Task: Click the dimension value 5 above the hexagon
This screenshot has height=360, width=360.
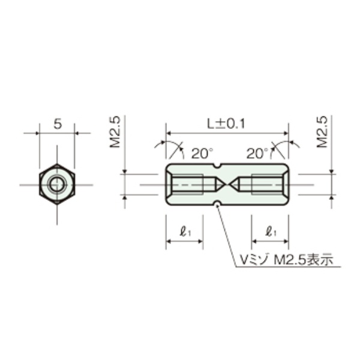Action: coord(58,124)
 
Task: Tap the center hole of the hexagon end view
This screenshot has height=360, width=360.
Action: coord(57,185)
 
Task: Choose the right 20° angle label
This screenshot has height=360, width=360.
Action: coord(257,154)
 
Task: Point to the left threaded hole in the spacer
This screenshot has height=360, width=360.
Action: coord(187,184)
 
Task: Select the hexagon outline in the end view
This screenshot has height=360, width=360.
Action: coord(41,185)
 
